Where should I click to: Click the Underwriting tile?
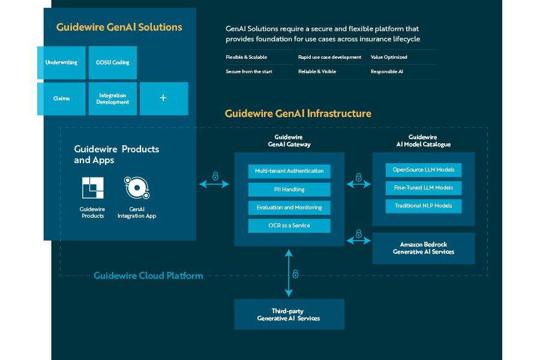click(x=61, y=62)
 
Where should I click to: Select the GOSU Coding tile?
click(x=113, y=62)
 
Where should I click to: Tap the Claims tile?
click(x=61, y=98)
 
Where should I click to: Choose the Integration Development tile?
click(x=113, y=98)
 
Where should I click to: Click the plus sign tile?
click(x=164, y=98)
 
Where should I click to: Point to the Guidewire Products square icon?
click(x=92, y=188)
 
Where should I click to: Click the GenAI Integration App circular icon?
click(x=137, y=188)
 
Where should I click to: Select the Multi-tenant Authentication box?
click(x=289, y=171)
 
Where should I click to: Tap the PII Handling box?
click(x=289, y=190)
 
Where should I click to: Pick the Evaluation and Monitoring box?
click(x=289, y=208)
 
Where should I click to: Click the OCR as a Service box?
click(x=289, y=226)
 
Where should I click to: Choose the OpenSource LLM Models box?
click(x=424, y=170)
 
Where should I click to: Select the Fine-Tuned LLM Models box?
click(x=424, y=188)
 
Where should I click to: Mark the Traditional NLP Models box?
click(x=424, y=206)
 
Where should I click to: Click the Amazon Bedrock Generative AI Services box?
click(x=424, y=248)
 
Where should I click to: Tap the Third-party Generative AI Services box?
click(x=289, y=314)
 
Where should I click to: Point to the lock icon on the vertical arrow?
click(x=295, y=274)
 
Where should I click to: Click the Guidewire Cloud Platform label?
click(x=148, y=276)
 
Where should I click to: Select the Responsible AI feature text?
click(x=387, y=71)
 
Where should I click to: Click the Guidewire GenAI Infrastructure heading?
click(x=298, y=113)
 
